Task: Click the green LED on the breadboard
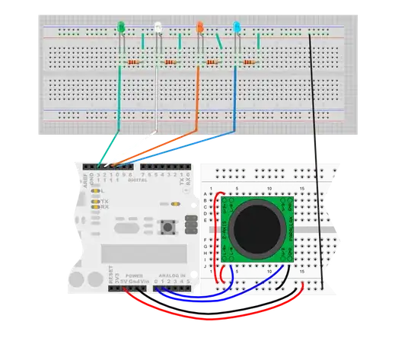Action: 122,29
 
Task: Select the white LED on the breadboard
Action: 158,28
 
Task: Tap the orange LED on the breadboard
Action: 199,28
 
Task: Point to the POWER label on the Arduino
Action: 133,274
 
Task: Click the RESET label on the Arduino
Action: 111,272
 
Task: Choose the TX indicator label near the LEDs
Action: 104,201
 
